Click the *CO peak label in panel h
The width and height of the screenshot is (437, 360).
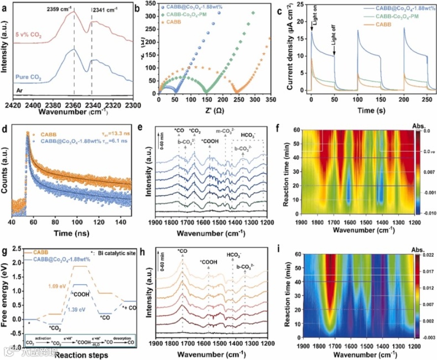182,251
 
